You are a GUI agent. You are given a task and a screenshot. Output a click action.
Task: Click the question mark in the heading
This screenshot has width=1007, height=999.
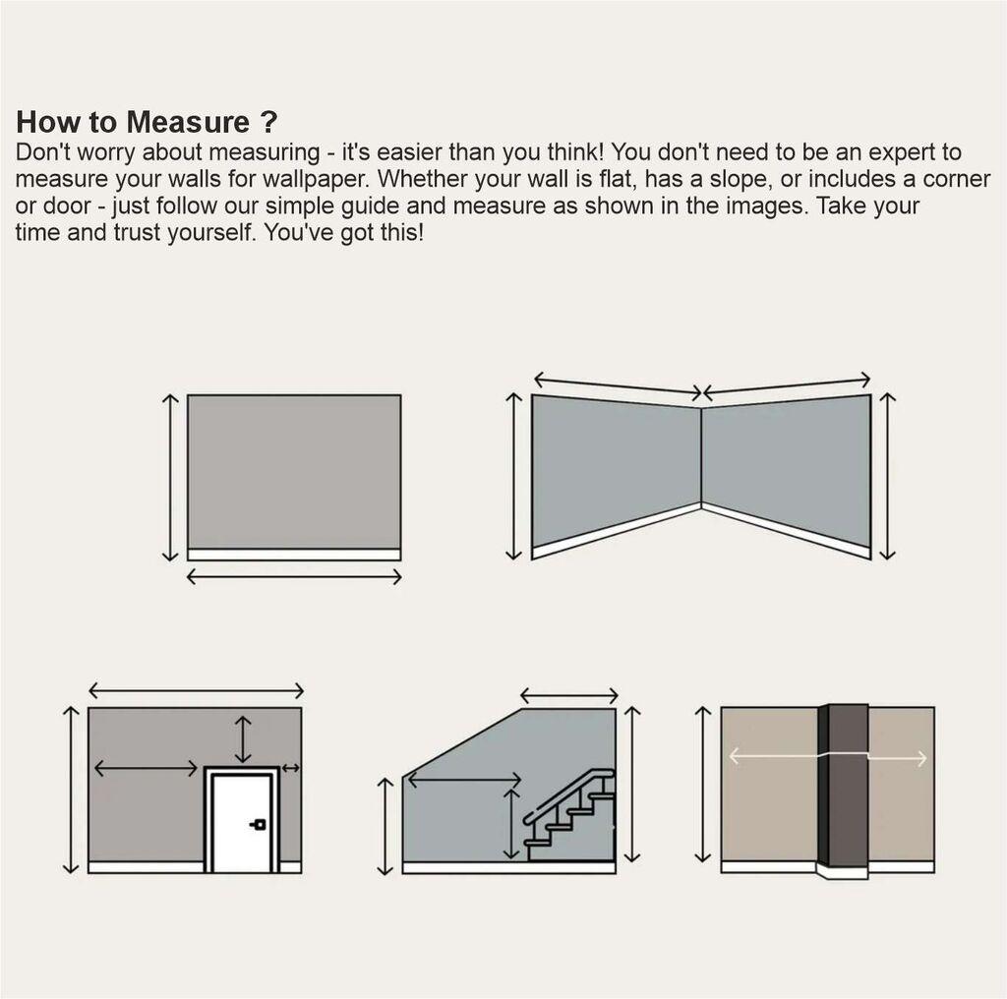tap(268, 123)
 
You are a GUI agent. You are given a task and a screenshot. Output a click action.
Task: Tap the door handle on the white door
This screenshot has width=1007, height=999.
tap(259, 825)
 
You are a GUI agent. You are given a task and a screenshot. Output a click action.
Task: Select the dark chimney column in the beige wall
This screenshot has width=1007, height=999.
tap(844, 787)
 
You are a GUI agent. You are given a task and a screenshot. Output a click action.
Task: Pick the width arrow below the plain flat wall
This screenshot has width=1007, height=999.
tap(293, 578)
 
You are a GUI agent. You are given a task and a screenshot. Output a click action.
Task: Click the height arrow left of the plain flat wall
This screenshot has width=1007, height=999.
tap(170, 476)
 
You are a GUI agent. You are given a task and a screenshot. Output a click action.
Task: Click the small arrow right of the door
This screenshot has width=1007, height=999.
tap(290, 767)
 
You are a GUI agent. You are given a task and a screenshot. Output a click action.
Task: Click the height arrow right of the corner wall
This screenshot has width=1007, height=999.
tap(887, 476)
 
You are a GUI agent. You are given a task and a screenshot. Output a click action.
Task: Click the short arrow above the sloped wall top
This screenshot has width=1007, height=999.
tap(568, 694)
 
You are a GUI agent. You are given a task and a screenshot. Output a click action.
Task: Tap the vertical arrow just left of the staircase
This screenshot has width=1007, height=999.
tap(510, 824)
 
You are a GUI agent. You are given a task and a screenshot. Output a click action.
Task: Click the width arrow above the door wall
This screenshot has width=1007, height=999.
tap(196, 691)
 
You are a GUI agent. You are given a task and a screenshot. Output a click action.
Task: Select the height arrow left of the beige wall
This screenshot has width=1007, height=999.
tap(703, 784)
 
